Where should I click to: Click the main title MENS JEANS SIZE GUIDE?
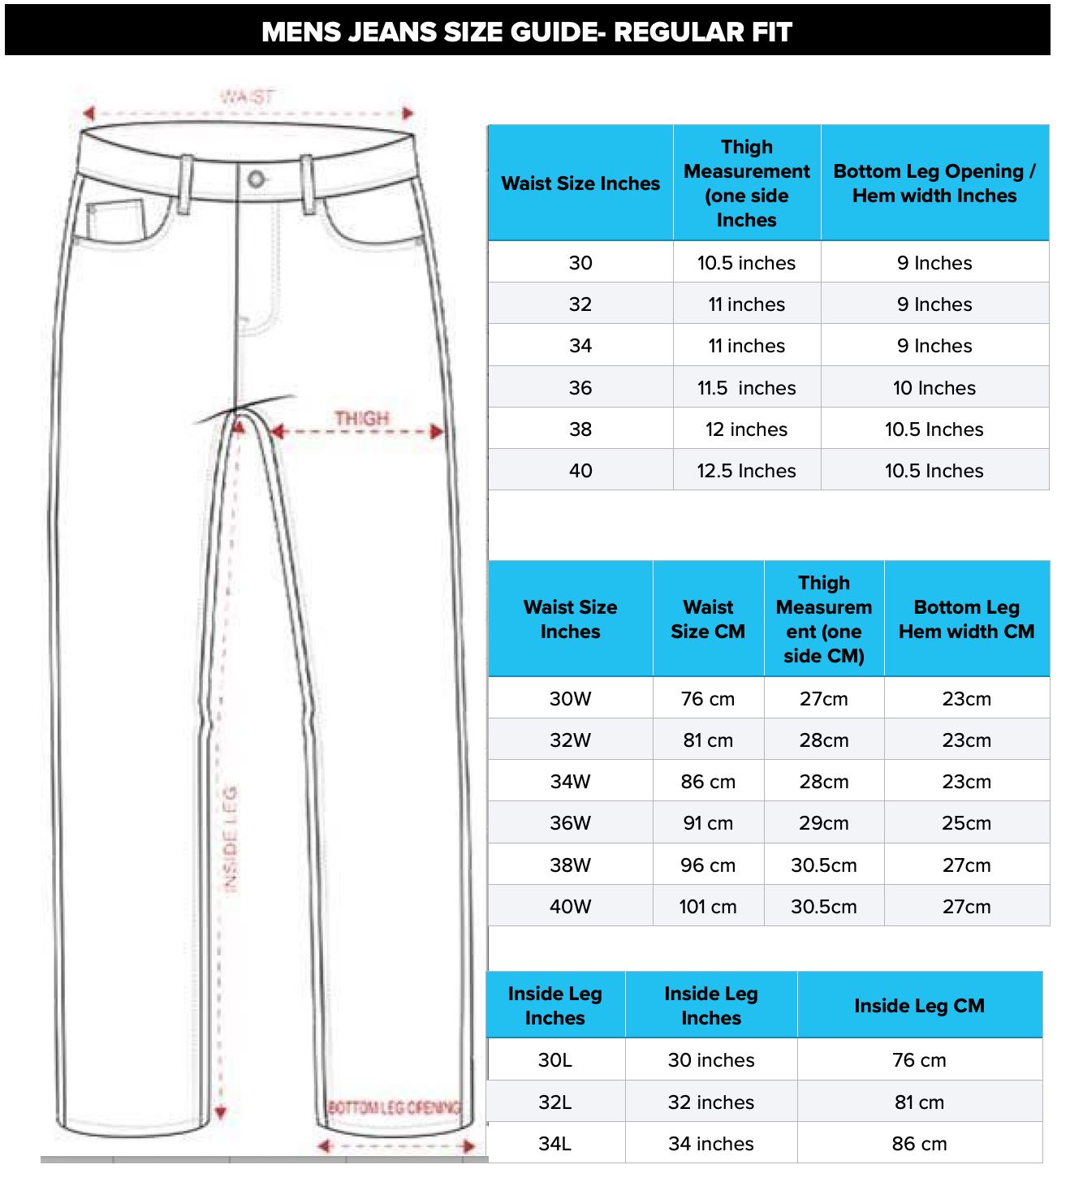[x=527, y=32]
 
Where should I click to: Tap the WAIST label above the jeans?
[x=248, y=97]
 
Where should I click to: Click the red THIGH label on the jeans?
[x=362, y=418]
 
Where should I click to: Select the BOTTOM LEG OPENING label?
[x=394, y=1107]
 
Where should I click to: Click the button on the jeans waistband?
[x=257, y=179]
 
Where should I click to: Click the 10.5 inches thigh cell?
[x=746, y=263]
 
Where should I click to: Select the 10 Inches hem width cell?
[x=934, y=388]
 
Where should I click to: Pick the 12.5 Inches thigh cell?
[x=746, y=471]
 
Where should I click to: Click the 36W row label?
[x=570, y=823]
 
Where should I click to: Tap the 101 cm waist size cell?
[x=708, y=907]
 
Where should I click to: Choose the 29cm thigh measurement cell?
[x=823, y=823]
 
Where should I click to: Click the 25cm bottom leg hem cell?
[x=966, y=823]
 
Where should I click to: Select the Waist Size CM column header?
[x=708, y=619]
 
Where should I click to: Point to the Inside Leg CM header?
[x=919, y=1006]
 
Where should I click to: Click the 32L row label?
[x=555, y=1102]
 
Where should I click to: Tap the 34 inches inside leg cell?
[x=711, y=1144]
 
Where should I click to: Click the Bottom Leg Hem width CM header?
[x=966, y=619]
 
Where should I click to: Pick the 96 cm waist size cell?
[x=708, y=865]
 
